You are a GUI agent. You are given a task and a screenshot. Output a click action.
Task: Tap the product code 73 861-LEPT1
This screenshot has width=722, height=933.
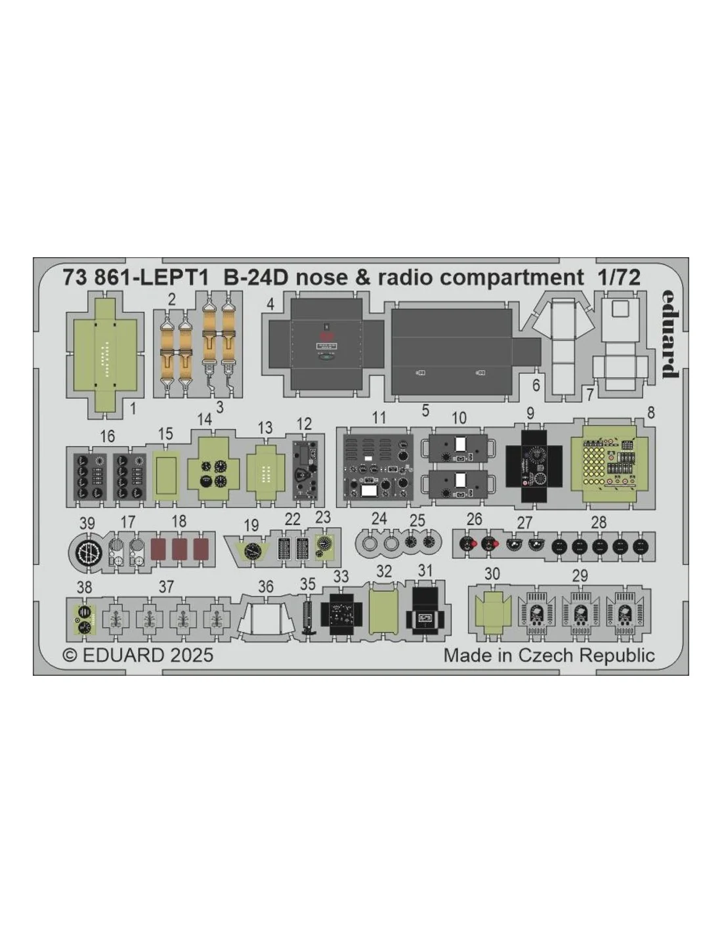click(135, 278)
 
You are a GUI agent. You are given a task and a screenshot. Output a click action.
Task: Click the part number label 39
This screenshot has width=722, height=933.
click(87, 524)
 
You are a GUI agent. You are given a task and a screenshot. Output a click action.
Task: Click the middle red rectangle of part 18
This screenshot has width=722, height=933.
click(179, 549)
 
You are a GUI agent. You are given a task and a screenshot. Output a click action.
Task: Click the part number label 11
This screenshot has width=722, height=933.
click(379, 417)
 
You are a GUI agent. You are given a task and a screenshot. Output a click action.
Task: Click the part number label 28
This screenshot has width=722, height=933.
click(599, 522)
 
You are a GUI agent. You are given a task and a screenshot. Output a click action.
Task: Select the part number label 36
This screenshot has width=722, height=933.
click(266, 587)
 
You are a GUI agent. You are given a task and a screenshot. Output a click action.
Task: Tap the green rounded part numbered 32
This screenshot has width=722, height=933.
click(383, 612)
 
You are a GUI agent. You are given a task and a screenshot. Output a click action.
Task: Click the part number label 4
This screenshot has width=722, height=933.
click(270, 304)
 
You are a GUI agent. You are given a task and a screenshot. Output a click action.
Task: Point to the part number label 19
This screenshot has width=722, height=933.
click(251, 525)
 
